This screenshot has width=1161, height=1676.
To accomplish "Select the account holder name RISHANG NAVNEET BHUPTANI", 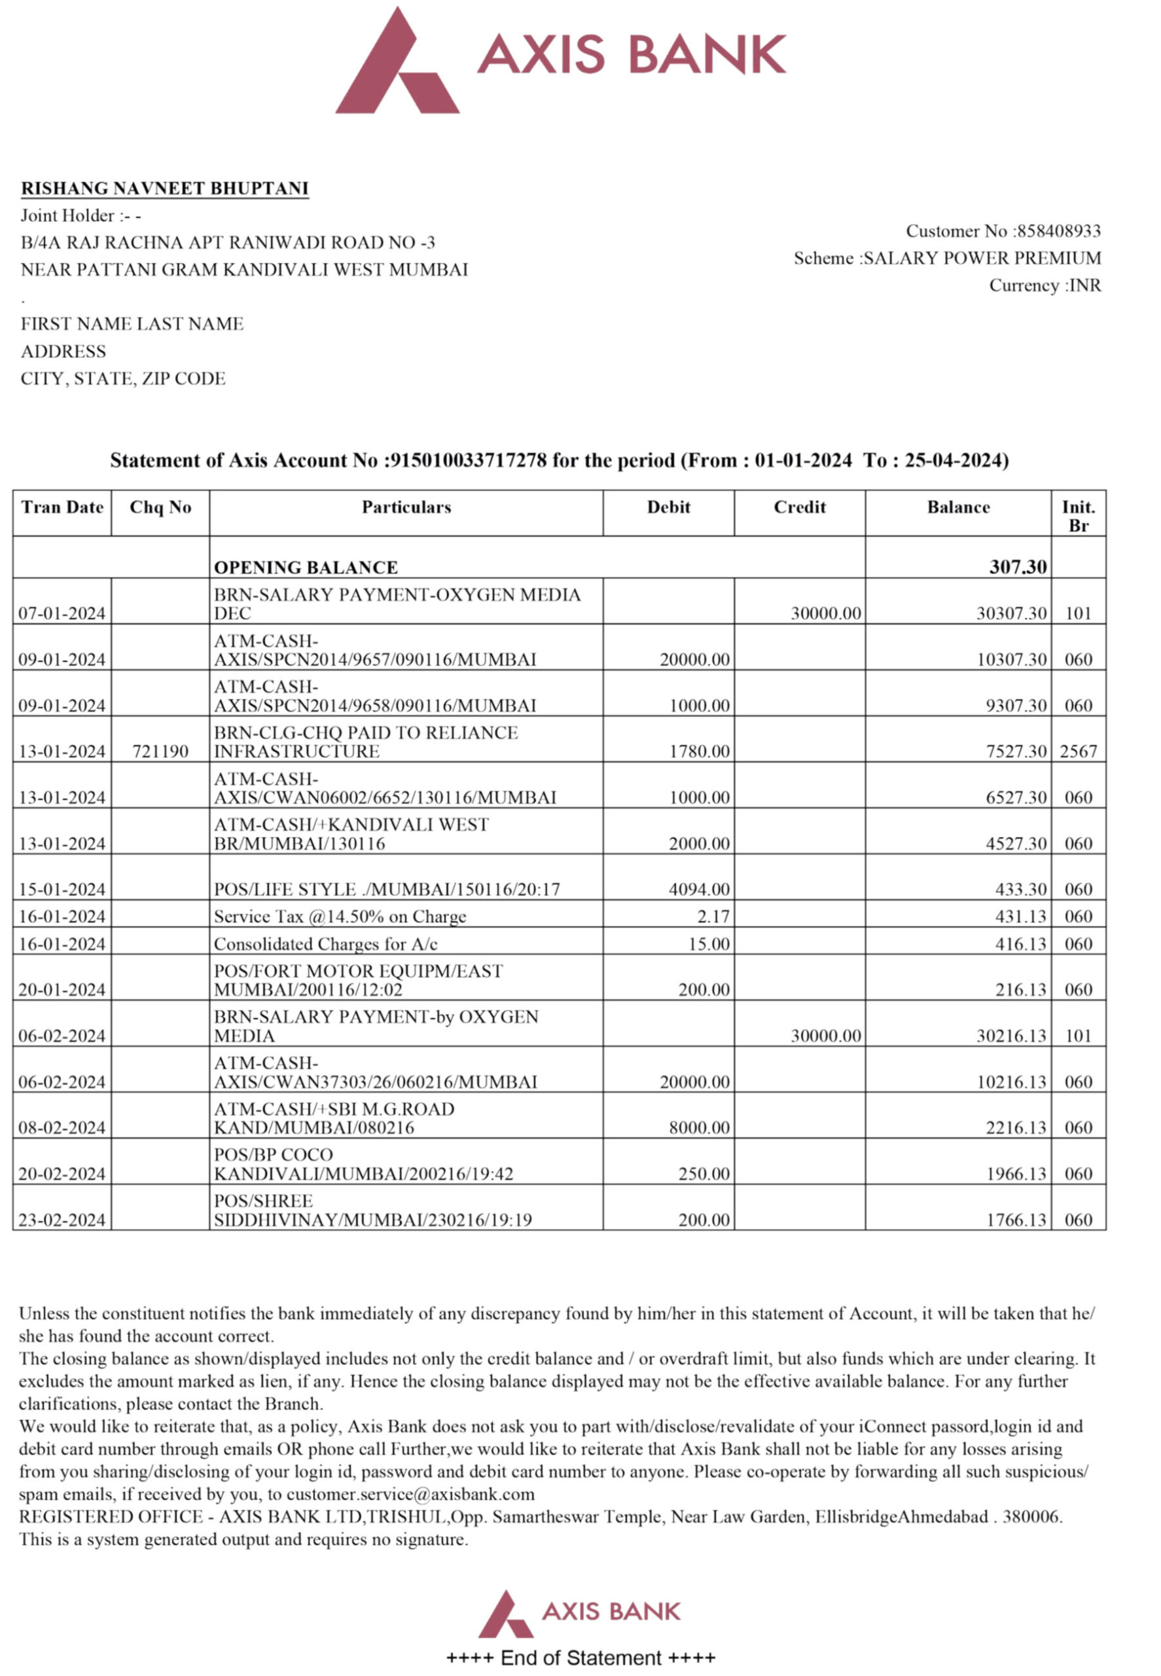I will (164, 189).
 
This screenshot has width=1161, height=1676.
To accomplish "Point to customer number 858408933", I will (1058, 231).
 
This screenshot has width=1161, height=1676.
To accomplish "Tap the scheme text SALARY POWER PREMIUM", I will (982, 259).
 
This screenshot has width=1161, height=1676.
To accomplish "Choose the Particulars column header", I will (406, 507).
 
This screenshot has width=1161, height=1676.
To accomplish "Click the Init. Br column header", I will (1078, 515).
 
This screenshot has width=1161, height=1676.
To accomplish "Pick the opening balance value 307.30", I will (1018, 567).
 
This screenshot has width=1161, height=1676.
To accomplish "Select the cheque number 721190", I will (160, 751).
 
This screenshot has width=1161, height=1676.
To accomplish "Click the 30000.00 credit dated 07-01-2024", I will (826, 613).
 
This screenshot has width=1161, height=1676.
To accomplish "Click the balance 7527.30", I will (1016, 751).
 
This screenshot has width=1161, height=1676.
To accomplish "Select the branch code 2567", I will (1078, 751).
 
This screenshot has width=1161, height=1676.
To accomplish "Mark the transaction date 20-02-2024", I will (62, 1174).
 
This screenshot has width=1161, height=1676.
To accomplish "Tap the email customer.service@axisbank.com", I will (410, 1495).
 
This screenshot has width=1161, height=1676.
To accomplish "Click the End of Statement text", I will (580, 1658).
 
